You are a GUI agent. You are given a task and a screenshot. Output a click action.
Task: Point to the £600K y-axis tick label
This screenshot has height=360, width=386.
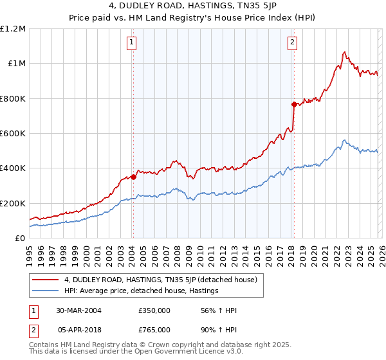point(13,134)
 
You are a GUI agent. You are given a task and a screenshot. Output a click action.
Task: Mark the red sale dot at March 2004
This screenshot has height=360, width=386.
point(133,177)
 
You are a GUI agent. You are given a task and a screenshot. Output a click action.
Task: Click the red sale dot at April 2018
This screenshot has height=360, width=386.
point(293,104)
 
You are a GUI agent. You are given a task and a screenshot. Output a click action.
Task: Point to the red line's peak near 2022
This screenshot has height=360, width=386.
point(345,52)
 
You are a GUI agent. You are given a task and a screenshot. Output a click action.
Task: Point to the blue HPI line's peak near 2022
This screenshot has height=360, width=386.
point(344,140)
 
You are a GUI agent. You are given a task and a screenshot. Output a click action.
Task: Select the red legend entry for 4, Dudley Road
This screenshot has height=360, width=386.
point(161,280)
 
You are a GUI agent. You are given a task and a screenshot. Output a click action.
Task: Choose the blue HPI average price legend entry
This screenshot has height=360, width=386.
point(142,291)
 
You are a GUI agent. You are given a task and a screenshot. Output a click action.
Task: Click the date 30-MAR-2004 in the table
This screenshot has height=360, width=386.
point(78,310)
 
